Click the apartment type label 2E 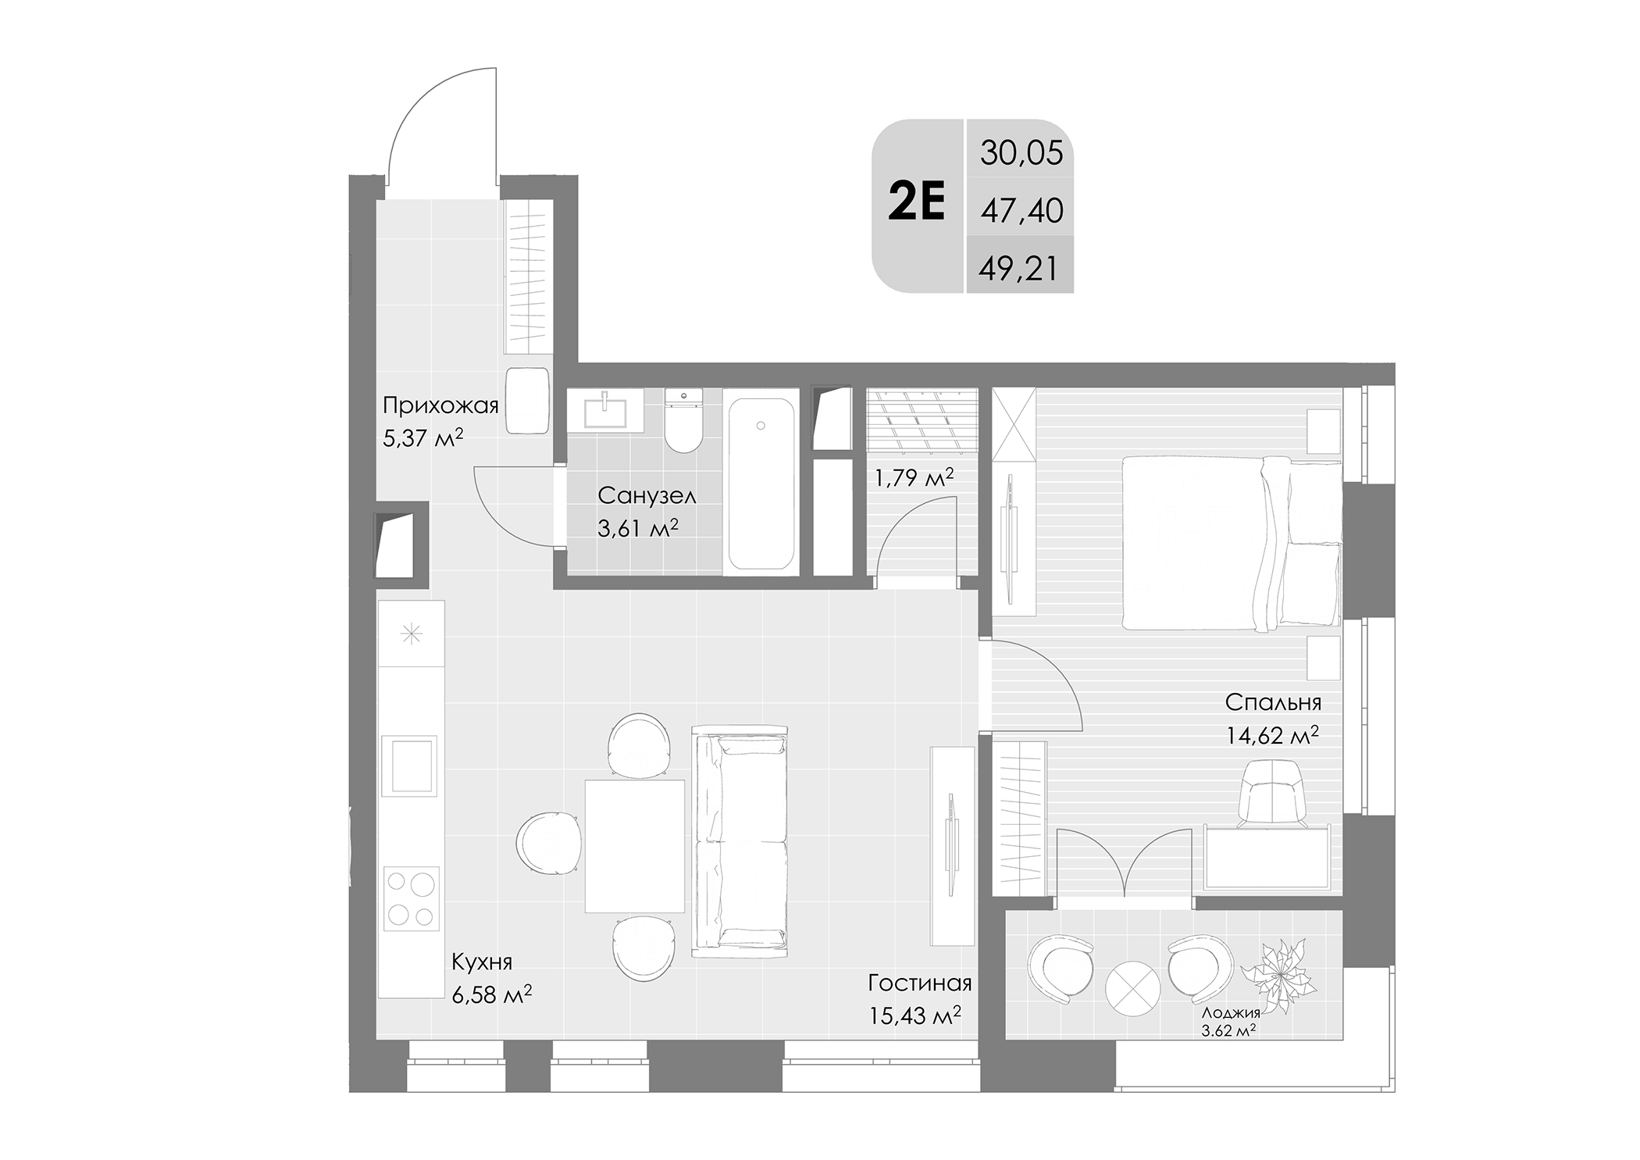(x=917, y=202)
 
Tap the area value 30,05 (x=1021, y=153)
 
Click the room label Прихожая (x=440, y=405)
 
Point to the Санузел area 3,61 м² (x=637, y=529)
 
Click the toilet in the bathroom (x=683, y=421)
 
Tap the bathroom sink (x=605, y=409)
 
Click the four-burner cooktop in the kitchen (x=412, y=898)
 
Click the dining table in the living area (x=634, y=845)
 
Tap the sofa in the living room (x=740, y=841)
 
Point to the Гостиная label (x=919, y=982)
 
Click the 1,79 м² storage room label (x=914, y=477)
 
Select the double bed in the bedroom (x=1231, y=544)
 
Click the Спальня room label (x=1273, y=702)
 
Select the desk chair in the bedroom (x=1273, y=792)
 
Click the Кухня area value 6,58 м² (x=492, y=994)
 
